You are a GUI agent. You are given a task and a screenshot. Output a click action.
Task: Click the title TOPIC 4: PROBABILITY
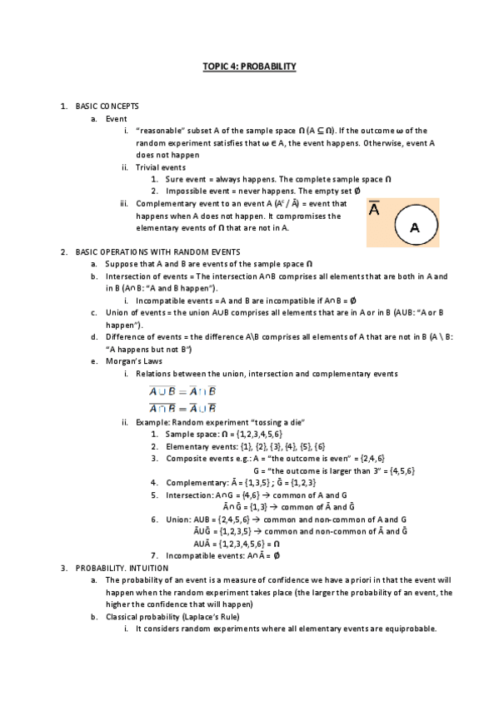(249, 65)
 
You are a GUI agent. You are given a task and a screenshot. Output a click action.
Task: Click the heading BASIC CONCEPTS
(107, 107)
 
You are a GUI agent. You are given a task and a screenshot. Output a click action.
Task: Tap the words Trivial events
(161, 167)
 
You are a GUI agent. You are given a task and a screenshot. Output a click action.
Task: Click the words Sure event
(184, 179)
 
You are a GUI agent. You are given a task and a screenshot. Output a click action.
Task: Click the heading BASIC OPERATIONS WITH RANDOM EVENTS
(157, 251)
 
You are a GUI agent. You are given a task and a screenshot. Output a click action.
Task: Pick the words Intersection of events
(145, 276)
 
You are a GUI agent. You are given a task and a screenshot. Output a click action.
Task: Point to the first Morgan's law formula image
(182, 390)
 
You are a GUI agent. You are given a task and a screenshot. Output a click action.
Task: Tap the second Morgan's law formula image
(182, 407)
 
